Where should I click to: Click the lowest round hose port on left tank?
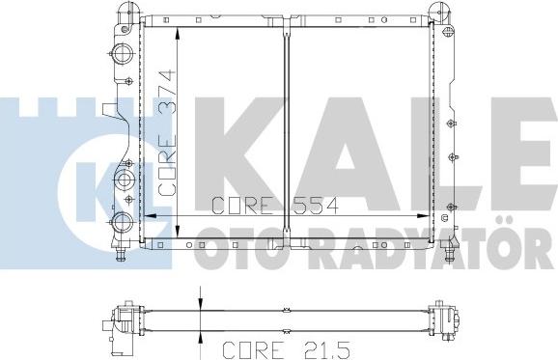124,225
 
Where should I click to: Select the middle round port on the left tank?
125,180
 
